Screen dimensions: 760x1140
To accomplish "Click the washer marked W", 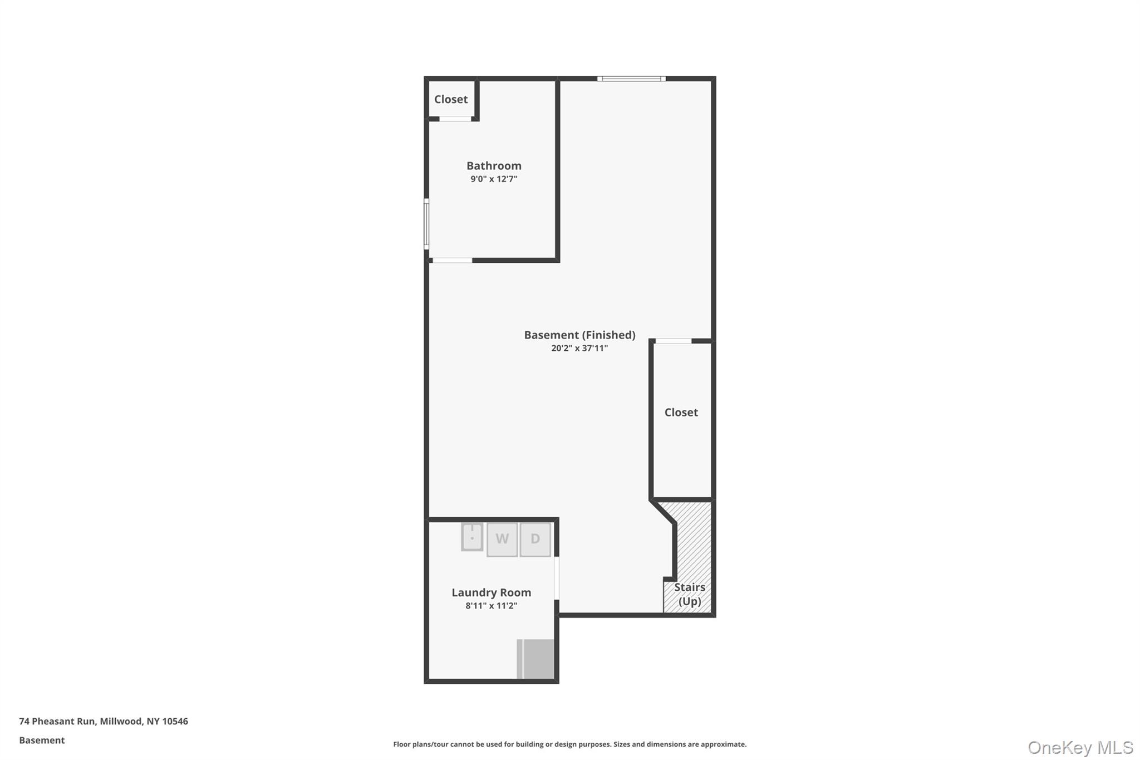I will coord(502,539).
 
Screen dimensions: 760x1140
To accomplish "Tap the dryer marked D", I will coord(535,539).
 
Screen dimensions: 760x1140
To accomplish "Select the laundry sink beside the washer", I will coord(472,537).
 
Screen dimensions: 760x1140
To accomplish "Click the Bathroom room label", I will coord(494,166).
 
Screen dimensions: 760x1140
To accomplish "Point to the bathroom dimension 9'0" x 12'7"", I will coord(494,179).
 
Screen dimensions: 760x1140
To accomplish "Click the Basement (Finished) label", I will coord(579,335).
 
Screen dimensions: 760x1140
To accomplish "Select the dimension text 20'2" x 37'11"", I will coord(579,349).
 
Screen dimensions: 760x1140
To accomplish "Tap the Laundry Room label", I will coord(491,592).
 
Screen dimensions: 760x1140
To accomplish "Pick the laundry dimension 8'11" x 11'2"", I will coord(491,606).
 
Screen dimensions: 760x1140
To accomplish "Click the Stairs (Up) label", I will coord(690,594).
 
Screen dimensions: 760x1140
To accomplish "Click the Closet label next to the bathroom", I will coord(451,99).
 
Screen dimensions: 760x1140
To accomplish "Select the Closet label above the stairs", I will coord(681,412).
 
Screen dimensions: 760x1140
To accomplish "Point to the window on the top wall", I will coord(631,79).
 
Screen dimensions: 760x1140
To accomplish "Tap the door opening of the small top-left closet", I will coord(455,119).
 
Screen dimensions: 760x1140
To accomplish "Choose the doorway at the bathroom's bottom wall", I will coord(453,260).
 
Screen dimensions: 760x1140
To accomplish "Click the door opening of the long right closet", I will coord(674,341).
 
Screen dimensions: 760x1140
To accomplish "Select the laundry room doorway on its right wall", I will coord(557,578).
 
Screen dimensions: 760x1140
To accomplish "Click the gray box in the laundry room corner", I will coord(536,659).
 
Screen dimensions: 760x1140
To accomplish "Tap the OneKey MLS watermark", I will coord(1080,747).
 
